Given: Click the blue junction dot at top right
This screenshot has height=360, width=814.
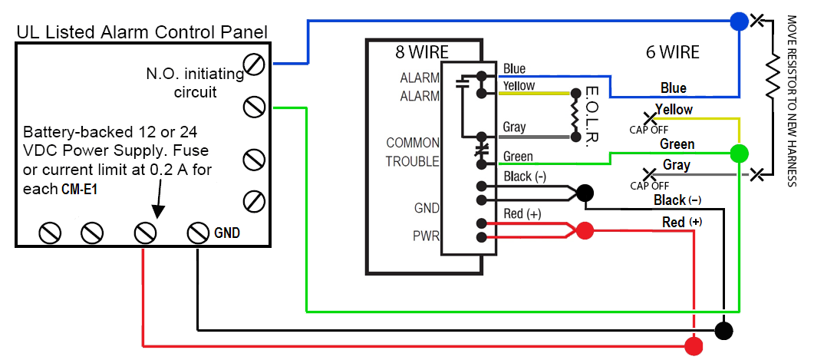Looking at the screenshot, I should click(739, 21).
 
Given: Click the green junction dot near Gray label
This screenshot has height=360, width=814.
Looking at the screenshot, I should click(739, 152).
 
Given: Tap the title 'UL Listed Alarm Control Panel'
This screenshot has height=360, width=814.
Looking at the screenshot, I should click(142, 32).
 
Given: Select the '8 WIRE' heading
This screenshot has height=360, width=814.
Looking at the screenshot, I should click(422, 52).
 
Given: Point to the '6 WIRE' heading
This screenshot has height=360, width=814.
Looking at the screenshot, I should click(672, 52).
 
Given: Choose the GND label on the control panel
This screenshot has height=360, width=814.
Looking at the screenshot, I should click(227, 232).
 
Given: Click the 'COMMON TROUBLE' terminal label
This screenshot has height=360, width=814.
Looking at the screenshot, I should click(413, 152).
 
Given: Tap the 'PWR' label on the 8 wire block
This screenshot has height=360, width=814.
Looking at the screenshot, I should click(427, 236).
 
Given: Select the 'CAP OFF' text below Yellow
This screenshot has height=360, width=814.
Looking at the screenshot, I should click(649, 130).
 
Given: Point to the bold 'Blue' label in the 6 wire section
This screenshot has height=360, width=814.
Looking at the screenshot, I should click(673, 88).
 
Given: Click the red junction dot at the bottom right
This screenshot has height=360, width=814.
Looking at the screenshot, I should click(694, 346).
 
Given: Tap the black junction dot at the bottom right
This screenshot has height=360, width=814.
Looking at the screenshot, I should click(723, 330).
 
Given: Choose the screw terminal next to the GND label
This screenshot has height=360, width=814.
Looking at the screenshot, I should click(198, 232).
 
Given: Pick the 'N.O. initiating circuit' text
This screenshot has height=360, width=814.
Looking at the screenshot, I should click(195, 83).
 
